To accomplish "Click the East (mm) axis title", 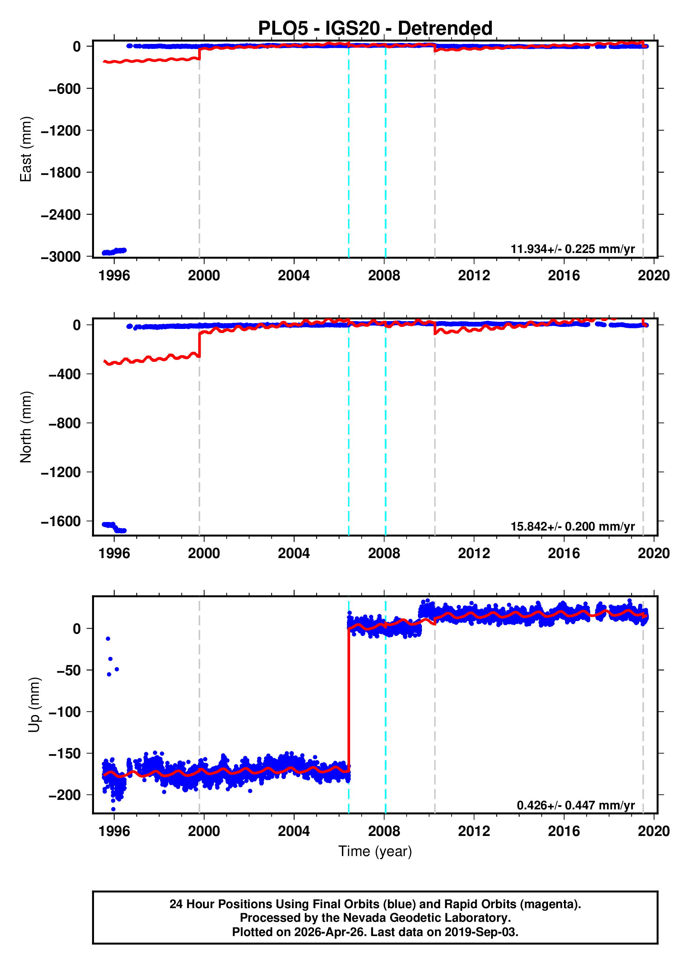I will coord(26,149).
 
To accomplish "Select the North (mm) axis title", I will coord(26,427).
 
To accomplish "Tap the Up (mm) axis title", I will coord(34,705).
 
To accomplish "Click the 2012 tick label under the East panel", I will coord(474,276).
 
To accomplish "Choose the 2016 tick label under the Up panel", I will coord(563,831).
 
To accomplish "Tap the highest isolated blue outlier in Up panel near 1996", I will coord(108,639).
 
